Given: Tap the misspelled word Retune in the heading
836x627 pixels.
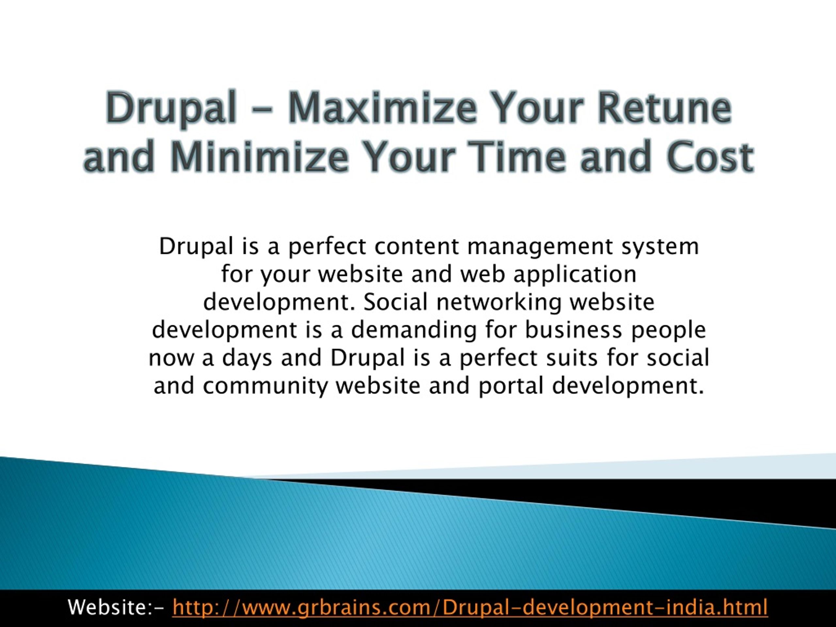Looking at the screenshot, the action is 665,108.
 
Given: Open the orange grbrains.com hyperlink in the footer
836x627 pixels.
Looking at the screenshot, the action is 470,608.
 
